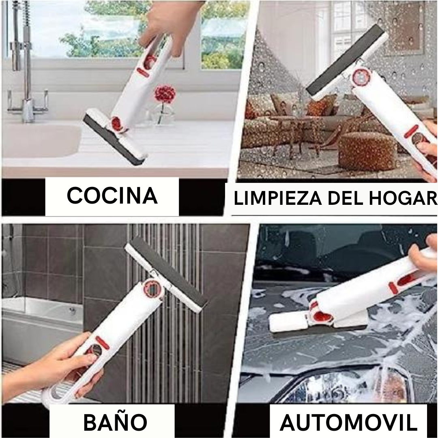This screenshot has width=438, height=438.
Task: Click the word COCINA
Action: point(112,195)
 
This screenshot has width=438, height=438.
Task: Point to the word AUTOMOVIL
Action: point(348,423)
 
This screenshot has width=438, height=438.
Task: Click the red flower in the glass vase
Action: point(165,94)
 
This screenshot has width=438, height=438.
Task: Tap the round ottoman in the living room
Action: point(367,151)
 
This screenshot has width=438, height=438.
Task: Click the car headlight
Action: point(349,387)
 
